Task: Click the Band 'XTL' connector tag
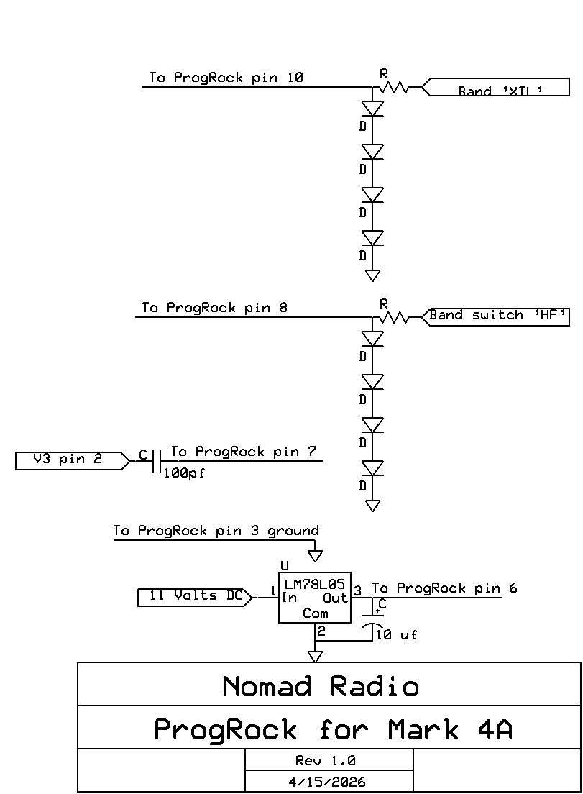pos(495,88)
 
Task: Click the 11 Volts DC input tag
pos(195,597)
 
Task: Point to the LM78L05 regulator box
pos(315,598)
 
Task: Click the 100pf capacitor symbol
pos(156,461)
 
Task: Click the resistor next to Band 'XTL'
pos(395,88)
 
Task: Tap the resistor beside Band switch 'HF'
pos(395,316)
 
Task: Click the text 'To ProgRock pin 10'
pos(226,78)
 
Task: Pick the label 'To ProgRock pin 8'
pos(215,308)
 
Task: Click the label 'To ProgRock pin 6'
pos(444,588)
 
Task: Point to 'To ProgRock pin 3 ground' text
pos(216,531)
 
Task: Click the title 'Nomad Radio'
pos(321,686)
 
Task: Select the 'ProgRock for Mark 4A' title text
pos(333,730)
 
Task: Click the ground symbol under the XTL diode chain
pos(372,275)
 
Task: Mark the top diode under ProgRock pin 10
pos(372,109)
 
